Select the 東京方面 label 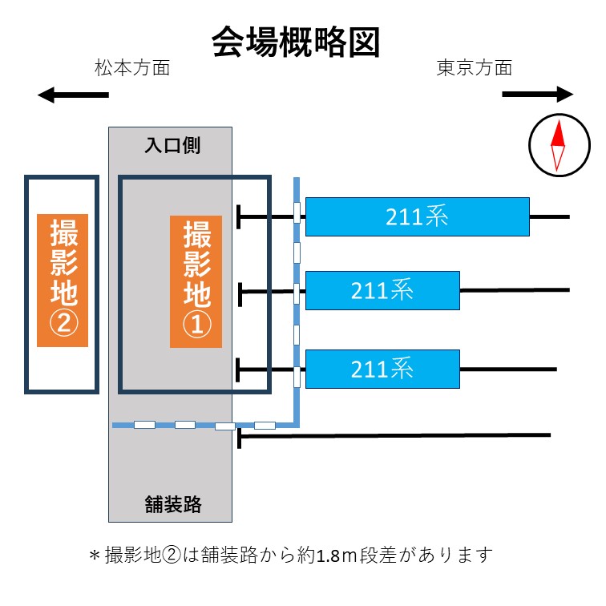(x=474, y=68)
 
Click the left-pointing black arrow (x=72, y=96)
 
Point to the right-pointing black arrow (x=538, y=95)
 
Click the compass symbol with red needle (x=555, y=145)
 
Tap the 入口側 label (x=172, y=146)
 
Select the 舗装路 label (x=172, y=505)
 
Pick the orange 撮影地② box (x=62, y=281)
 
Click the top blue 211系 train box (x=417, y=216)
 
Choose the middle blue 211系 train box (x=382, y=290)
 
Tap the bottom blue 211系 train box (x=382, y=369)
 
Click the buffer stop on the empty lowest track (x=240, y=437)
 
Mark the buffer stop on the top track (x=240, y=216)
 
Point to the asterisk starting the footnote (x=94, y=555)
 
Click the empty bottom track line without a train (x=401, y=435)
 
